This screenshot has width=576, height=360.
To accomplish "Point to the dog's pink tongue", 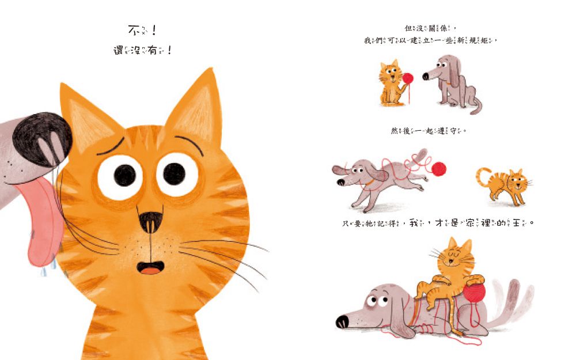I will (x=41, y=222).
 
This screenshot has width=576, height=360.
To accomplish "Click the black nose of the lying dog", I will (x=343, y=320).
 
